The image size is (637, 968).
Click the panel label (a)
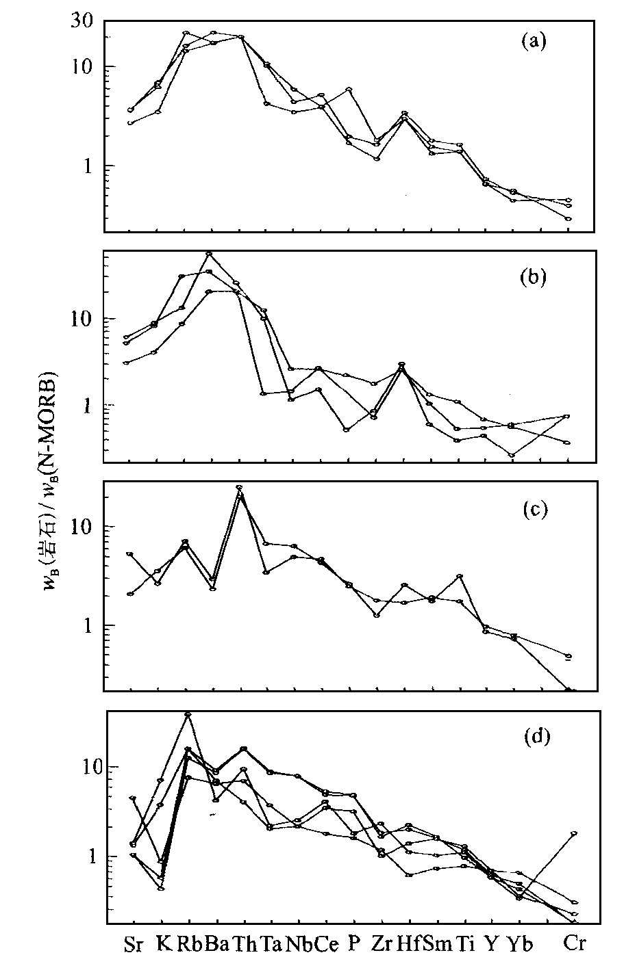533,42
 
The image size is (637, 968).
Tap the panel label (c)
533,510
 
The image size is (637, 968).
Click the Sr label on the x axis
134,945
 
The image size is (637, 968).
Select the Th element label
245,945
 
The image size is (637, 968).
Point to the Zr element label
381,945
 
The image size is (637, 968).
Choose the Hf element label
409,945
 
